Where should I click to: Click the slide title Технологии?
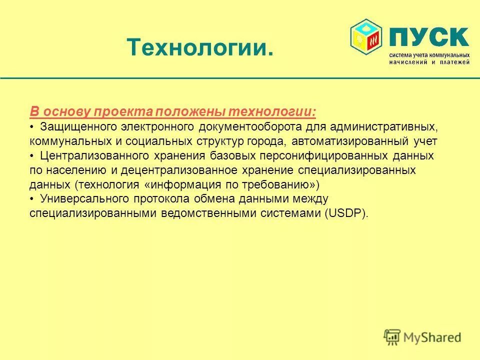200,47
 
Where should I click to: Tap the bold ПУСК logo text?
428,37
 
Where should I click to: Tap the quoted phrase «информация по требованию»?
231,184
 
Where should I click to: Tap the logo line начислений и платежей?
429,62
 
